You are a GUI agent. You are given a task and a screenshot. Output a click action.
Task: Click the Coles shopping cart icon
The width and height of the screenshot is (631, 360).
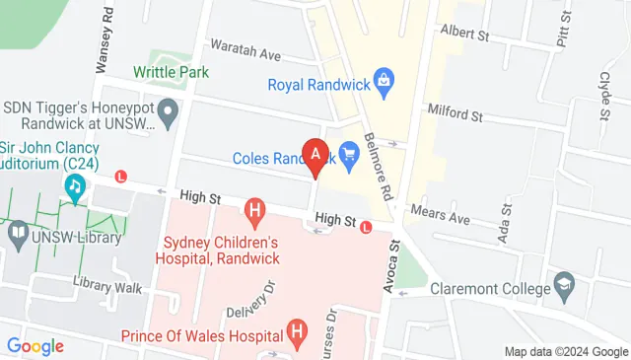(347, 153)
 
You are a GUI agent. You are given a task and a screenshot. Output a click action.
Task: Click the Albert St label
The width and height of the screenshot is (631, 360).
(464, 33)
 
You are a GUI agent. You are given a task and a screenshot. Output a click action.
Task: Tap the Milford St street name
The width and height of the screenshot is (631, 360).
(454, 116)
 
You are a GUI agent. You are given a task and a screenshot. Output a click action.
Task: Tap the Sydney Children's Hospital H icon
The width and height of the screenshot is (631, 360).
(255, 209)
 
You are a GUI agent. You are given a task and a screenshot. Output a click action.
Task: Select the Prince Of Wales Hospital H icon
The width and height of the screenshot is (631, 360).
(295, 332)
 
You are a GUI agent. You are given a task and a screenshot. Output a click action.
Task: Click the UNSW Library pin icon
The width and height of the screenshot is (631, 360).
(19, 236)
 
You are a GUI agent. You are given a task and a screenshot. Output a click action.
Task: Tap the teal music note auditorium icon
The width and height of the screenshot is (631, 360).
(74, 185)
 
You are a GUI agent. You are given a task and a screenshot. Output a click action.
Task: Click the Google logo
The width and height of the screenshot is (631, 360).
(35, 346)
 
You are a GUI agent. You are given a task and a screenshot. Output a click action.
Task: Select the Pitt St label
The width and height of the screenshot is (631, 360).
(563, 37)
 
